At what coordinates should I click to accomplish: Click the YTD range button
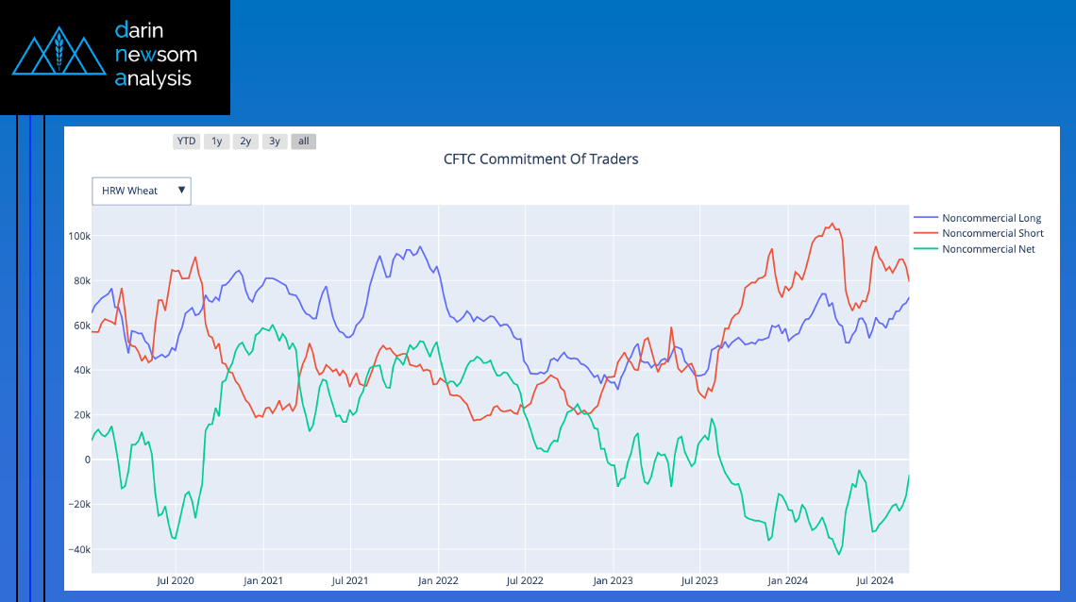186,142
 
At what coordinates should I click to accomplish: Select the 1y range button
216,142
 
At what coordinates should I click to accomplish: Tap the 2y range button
245,142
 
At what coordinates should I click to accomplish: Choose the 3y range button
275,142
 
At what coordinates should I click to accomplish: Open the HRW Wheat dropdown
142,191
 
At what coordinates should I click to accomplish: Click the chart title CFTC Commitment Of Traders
541,159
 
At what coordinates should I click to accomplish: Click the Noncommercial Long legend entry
991,219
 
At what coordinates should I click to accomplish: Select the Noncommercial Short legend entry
992,233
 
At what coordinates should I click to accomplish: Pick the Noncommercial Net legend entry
988,249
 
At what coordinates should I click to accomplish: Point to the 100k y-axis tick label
79,236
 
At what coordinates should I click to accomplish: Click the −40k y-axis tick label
77,549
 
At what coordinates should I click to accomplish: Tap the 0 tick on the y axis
87,460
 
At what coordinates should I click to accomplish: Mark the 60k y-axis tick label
79,326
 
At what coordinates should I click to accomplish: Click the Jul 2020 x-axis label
176,580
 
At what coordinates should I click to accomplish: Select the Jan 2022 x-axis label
438,580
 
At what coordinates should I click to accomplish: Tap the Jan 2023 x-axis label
613,580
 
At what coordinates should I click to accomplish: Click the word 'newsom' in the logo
156,55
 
